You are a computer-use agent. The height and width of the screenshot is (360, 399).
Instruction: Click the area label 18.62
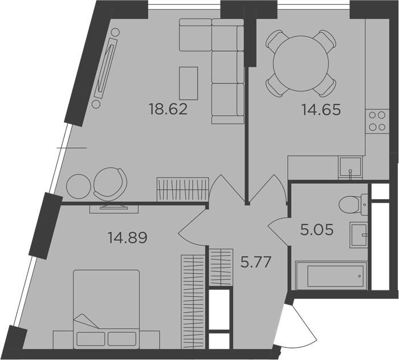[169, 110]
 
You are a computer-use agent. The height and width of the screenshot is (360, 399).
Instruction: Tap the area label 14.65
[321, 110]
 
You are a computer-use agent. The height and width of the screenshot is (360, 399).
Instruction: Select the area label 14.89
[128, 238]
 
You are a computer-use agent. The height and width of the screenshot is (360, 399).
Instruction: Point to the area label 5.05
[317, 229]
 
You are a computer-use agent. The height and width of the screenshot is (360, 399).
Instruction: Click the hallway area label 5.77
[256, 262]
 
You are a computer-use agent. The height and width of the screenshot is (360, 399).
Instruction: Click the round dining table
[301, 63]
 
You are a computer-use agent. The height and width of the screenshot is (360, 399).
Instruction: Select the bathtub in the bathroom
[331, 276]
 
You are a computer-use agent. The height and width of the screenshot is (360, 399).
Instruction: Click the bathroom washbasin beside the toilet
[359, 235]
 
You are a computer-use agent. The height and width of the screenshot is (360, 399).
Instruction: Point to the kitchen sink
[350, 167]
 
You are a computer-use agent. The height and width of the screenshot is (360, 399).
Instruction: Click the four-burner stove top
[377, 122]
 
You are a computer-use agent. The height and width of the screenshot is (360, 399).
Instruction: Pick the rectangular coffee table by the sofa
[189, 83]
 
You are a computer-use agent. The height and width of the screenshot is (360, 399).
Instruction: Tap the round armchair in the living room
[110, 184]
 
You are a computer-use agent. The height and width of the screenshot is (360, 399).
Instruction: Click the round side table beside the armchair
[79, 187]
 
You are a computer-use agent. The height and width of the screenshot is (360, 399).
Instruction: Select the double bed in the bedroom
[107, 310]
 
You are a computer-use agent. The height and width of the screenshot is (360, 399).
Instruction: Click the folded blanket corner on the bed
[86, 321]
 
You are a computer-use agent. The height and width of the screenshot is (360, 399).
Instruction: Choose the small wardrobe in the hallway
[221, 267]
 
